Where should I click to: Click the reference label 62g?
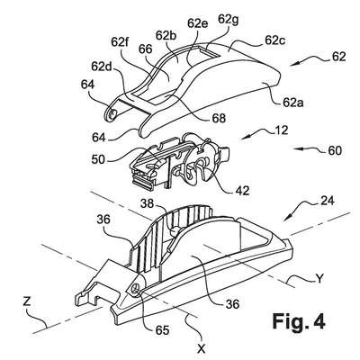(x=229, y=20)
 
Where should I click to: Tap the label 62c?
(x=275, y=40)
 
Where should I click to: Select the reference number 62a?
(x=293, y=103)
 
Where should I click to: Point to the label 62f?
(x=120, y=42)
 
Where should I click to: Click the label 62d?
(x=102, y=67)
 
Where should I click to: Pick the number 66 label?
(x=146, y=49)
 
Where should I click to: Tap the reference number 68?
(x=219, y=118)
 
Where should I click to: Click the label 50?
(x=98, y=159)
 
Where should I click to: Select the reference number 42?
(x=242, y=190)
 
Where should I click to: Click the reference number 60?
(x=334, y=150)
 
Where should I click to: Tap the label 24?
(x=327, y=201)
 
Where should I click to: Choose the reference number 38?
(x=148, y=204)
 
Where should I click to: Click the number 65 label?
(x=162, y=330)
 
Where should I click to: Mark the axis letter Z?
(x=27, y=301)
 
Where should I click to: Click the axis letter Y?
(x=320, y=279)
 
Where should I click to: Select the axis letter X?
(x=202, y=348)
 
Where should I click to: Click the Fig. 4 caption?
(x=299, y=322)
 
